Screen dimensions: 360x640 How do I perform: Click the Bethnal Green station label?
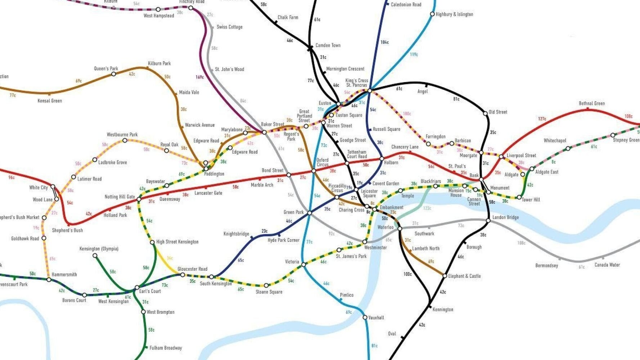pyautogui.click(x=591, y=104)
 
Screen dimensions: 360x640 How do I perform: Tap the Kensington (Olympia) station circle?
pyautogui.click(x=95, y=256)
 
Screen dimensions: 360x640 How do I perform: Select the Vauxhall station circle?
pyautogui.click(x=365, y=318)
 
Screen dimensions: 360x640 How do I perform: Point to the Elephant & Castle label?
pyautogui.click(x=464, y=276)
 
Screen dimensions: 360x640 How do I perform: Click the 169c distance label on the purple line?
pyautogui.click(x=200, y=77)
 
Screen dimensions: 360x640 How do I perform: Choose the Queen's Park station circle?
pyautogui.click(x=114, y=74)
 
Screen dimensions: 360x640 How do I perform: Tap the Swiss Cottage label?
pyautogui.click(x=229, y=27)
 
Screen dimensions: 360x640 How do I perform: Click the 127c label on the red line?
pyautogui.click(x=542, y=119)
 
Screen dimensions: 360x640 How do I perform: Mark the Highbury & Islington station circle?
pyautogui.click(x=432, y=14)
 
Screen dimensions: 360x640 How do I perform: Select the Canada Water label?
pyautogui.click(x=607, y=265)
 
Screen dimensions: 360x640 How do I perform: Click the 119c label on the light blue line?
pyautogui.click(x=414, y=55)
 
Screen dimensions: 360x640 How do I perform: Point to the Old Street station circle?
pyautogui.click(x=485, y=113)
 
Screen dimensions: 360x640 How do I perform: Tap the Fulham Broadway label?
pyautogui.click(x=166, y=348)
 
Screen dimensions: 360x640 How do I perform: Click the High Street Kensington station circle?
pyautogui.click(x=152, y=242)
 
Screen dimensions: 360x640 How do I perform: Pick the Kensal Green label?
pyautogui.click(x=50, y=101)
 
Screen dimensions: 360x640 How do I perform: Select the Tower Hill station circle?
pyautogui.click(x=519, y=197)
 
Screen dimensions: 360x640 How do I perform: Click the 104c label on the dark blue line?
pyautogui.click(x=384, y=42)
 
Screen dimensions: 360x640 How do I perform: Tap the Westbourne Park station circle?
pyautogui.click(x=125, y=140)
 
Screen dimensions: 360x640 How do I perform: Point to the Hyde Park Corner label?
pyautogui.click(x=283, y=240)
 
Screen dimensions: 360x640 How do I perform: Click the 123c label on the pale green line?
pyautogui.click(x=427, y=208)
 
